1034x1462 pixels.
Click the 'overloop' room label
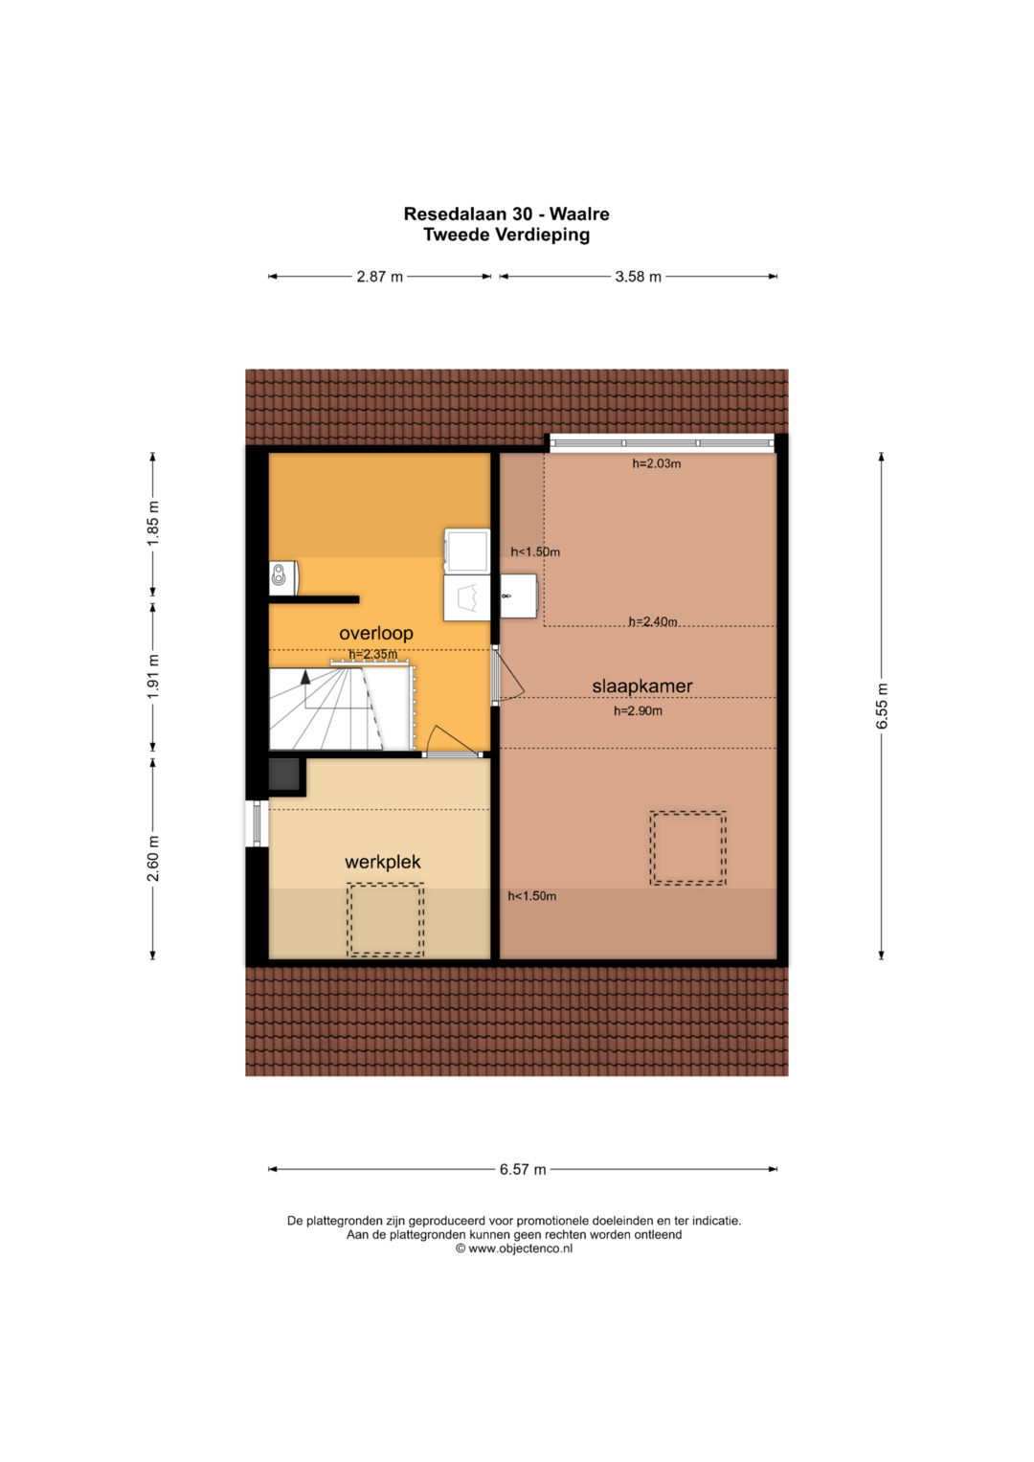[376, 633]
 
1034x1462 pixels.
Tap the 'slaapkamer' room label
[642, 686]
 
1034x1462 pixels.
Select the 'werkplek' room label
[383, 863]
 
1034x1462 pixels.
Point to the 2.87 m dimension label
[379, 277]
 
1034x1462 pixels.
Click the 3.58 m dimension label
[638, 277]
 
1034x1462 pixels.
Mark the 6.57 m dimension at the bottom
[523, 1170]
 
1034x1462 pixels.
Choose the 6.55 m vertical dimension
[882, 707]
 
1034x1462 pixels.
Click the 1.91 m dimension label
[153, 676]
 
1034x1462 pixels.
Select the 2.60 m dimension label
[153, 858]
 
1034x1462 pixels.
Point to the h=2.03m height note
[657, 464]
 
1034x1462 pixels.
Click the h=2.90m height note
[638, 710]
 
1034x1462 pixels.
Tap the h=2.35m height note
[372, 654]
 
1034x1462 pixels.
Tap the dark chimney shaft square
[284, 775]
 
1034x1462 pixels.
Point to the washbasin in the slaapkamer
[519, 596]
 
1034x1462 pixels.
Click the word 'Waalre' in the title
[579, 214]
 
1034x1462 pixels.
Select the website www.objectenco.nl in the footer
[520, 1248]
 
